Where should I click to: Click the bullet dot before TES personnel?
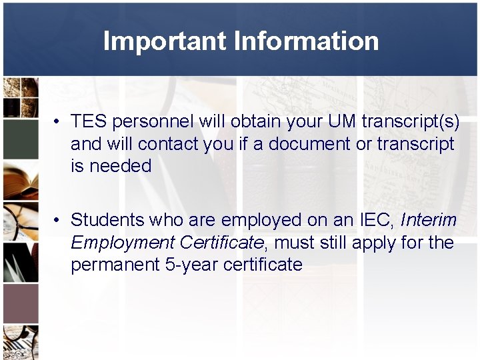[x=59, y=122]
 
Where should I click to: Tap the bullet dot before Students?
[x=59, y=220]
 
